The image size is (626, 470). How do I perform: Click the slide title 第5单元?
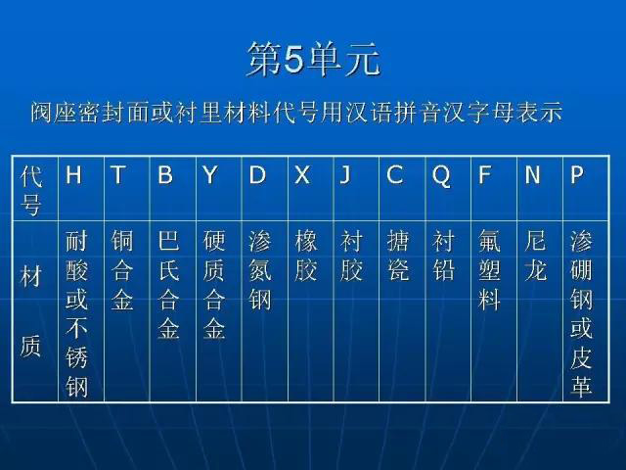pyautogui.click(x=313, y=59)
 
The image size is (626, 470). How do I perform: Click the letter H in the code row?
pyautogui.click(x=74, y=174)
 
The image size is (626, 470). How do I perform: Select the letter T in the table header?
pyautogui.click(x=118, y=174)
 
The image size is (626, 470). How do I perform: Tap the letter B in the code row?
pyautogui.click(x=165, y=174)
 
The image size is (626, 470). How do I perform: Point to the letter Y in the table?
pyautogui.click(x=210, y=174)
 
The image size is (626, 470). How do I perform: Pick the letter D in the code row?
pyautogui.click(x=257, y=174)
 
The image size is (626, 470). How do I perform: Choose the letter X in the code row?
pyautogui.click(x=302, y=174)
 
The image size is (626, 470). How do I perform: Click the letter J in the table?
pyautogui.click(x=345, y=174)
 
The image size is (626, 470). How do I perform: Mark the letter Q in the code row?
pyautogui.click(x=441, y=176)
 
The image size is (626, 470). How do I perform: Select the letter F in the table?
pyautogui.click(x=484, y=174)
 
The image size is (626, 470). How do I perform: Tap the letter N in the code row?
pyautogui.click(x=532, y=174)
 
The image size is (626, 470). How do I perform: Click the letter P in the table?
pyautogui.click(x=577, y=174)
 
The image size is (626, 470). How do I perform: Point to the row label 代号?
pyautogui.click(x=31, y=190)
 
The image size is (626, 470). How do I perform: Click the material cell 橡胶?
pyautogui.click(x=306, y=256)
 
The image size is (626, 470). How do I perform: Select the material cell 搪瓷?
pyautogui.click(x=398, y=256)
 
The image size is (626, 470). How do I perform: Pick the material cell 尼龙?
pyautogui.click(x=535, y=256)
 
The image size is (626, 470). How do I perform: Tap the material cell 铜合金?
pyautogui.click(x=122, y=270)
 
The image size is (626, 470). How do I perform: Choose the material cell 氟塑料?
pyautogui.click(x=489, y=270)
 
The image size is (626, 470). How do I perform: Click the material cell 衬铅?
pyautogui.click(x=443, y=256)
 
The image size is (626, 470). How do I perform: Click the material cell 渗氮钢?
pyautogui.click(x=260, y=270)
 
